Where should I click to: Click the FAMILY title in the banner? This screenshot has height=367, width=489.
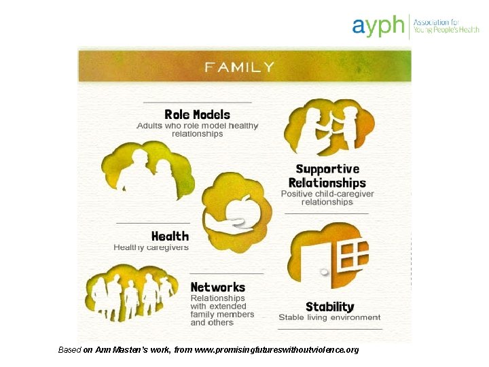click(240, 67)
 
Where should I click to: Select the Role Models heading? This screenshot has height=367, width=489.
click(197, 115)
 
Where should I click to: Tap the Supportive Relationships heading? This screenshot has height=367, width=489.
click(327, 176)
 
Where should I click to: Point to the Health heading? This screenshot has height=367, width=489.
click(170, 237)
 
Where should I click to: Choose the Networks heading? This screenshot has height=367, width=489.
click(218, 287)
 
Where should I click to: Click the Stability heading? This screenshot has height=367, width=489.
click(329, 307)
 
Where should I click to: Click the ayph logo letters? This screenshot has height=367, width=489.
click(378, 27)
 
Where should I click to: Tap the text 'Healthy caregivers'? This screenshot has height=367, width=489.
click(151, 247)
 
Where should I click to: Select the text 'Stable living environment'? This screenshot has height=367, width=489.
click(329, 318)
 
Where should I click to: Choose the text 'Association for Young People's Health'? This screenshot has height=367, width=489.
click(446, 27)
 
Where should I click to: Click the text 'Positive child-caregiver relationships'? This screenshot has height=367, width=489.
click(327, 198)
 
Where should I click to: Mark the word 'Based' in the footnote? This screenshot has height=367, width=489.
click(69, 350)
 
